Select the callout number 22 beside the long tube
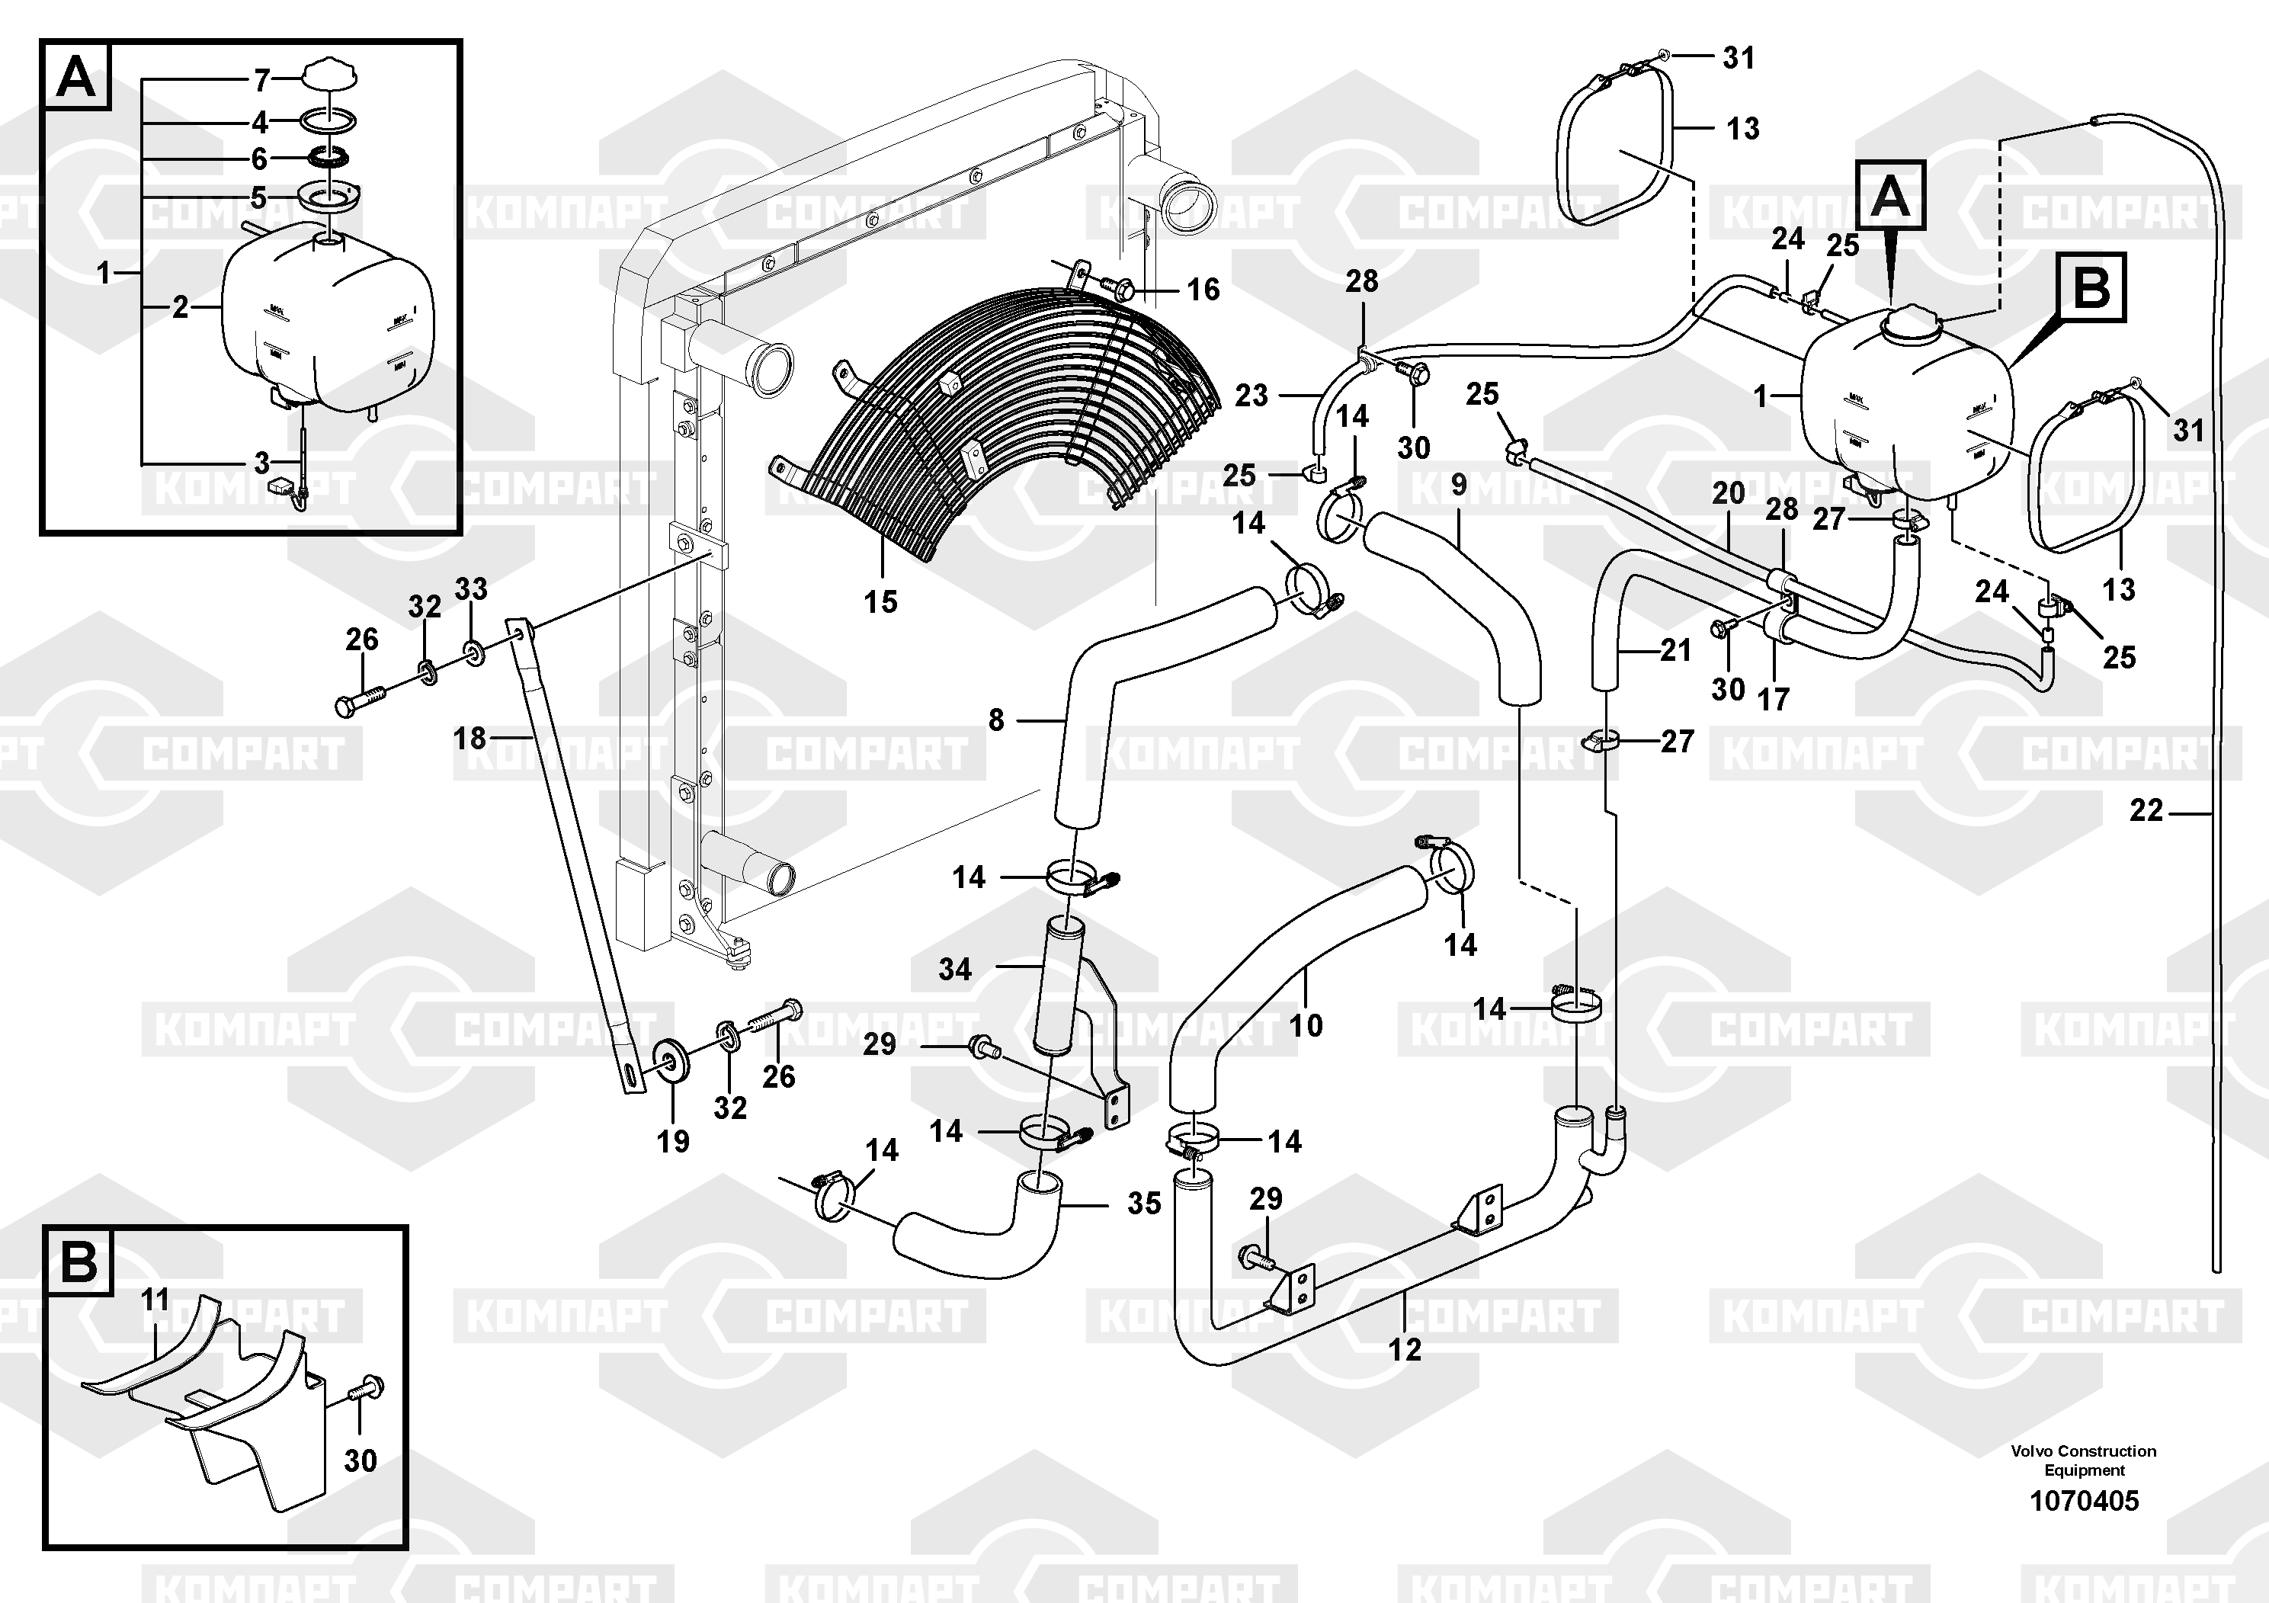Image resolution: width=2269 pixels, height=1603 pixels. click(2146, 810)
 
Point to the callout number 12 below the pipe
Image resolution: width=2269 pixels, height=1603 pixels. click(1404, 1350)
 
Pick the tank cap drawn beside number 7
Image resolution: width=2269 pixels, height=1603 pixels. click(330, 75)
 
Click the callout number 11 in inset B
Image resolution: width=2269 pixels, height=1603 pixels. click(155, 1300)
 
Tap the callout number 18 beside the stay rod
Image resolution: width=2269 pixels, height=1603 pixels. click(470, 739)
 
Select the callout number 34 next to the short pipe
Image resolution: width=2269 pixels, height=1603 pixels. click(955, 970)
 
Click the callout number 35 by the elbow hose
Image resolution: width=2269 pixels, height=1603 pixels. click(1143, 1203)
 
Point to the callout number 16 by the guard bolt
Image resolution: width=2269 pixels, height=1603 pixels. click(1203, 290)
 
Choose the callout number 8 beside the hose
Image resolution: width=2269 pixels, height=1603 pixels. click(995, 720)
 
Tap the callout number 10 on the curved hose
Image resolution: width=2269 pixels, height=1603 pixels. click(1306, 1026)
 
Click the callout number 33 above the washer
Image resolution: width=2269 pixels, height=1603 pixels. click(470, 589)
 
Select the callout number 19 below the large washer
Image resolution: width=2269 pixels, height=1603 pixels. click(673, 1142)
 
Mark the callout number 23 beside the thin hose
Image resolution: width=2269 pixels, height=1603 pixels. click(1251, 396)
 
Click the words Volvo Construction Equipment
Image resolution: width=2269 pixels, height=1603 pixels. click(2083, 1460)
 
